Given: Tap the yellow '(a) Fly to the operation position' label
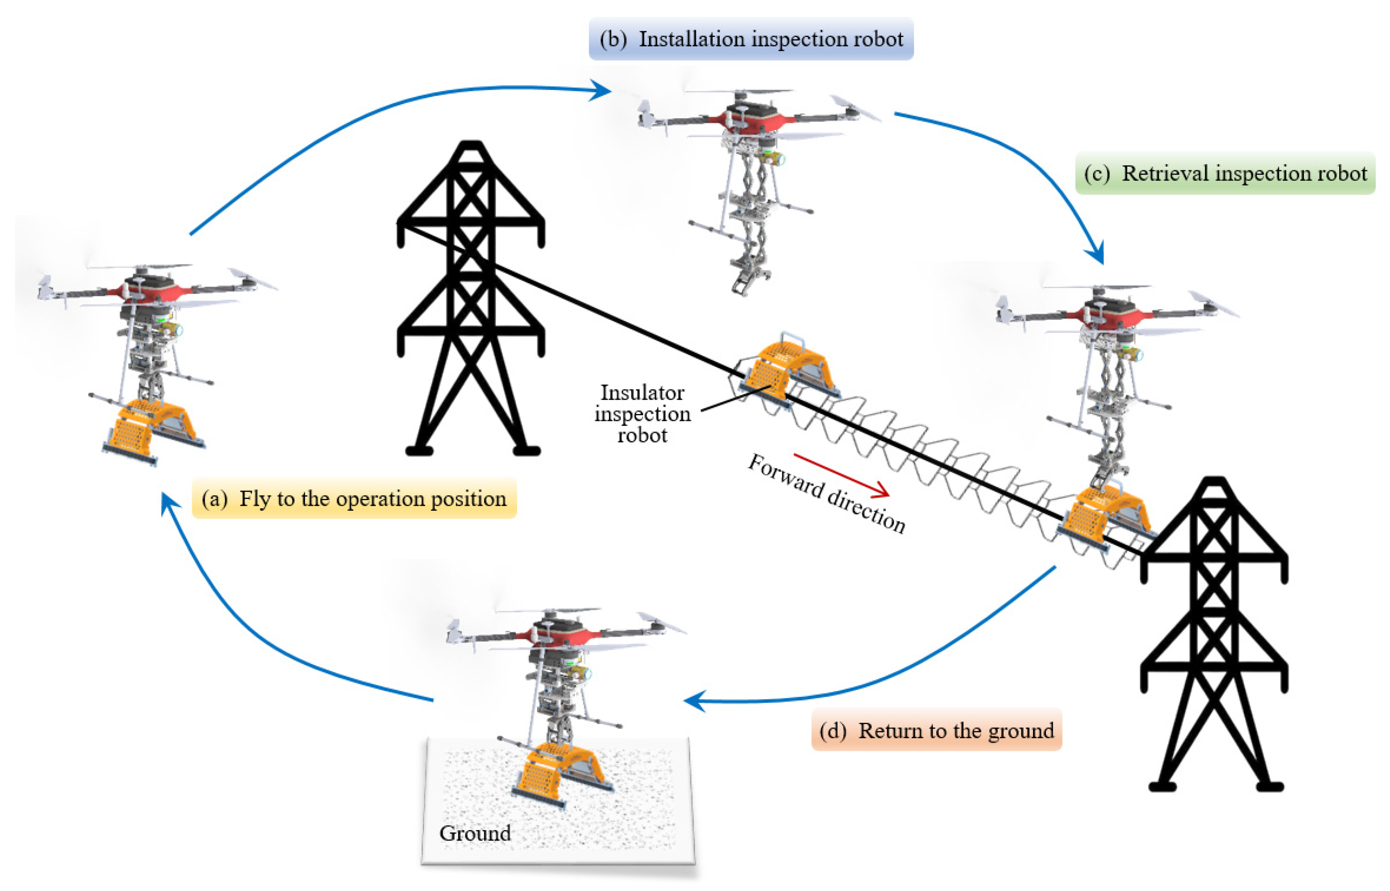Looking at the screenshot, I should click(354, 498).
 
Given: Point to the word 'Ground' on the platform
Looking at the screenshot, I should click(475, 832).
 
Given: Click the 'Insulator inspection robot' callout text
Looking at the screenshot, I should click(642, 414).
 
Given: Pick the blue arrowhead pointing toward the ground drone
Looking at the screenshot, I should click(694, 700).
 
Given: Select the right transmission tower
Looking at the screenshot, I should click(1214, 636).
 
